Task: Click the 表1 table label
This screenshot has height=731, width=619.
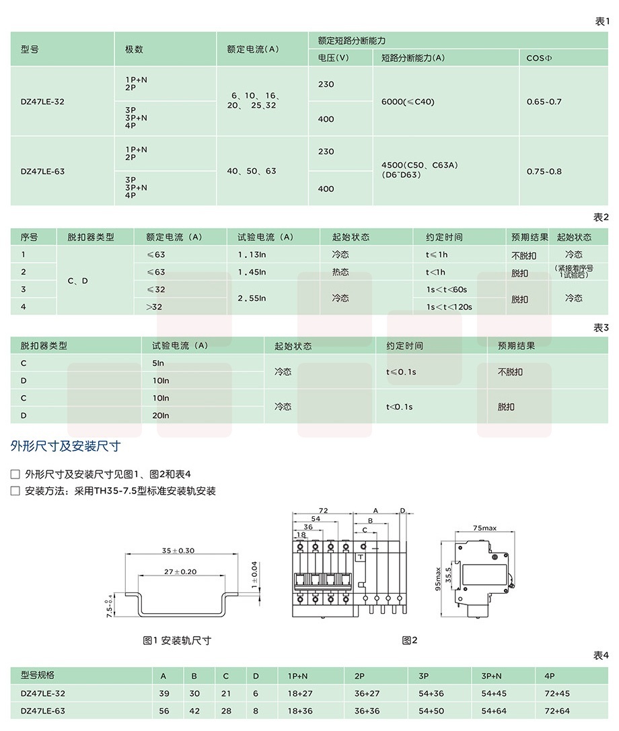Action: point(602,22)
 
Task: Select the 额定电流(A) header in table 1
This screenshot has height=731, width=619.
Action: point(252,49)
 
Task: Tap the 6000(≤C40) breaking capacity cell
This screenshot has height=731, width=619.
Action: point(408,102)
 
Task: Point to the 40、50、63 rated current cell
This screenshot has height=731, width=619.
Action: point(252,171)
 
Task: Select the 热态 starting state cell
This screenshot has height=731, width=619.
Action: point(340,273)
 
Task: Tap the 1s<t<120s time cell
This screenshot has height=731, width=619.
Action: point(449,307)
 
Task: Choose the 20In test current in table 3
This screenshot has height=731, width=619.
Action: point(161,416)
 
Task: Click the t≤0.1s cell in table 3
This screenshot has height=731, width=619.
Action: point(401,372)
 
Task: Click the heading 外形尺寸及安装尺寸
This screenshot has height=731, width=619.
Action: point(65,446)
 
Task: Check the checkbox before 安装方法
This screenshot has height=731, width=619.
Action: point(15,491)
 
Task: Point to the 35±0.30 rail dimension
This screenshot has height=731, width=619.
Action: point(178,551)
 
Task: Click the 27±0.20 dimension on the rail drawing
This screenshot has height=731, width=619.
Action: point(180,571)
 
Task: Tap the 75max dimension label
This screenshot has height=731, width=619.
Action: point(484,528)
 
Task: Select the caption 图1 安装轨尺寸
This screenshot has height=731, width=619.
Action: point(177,641)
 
